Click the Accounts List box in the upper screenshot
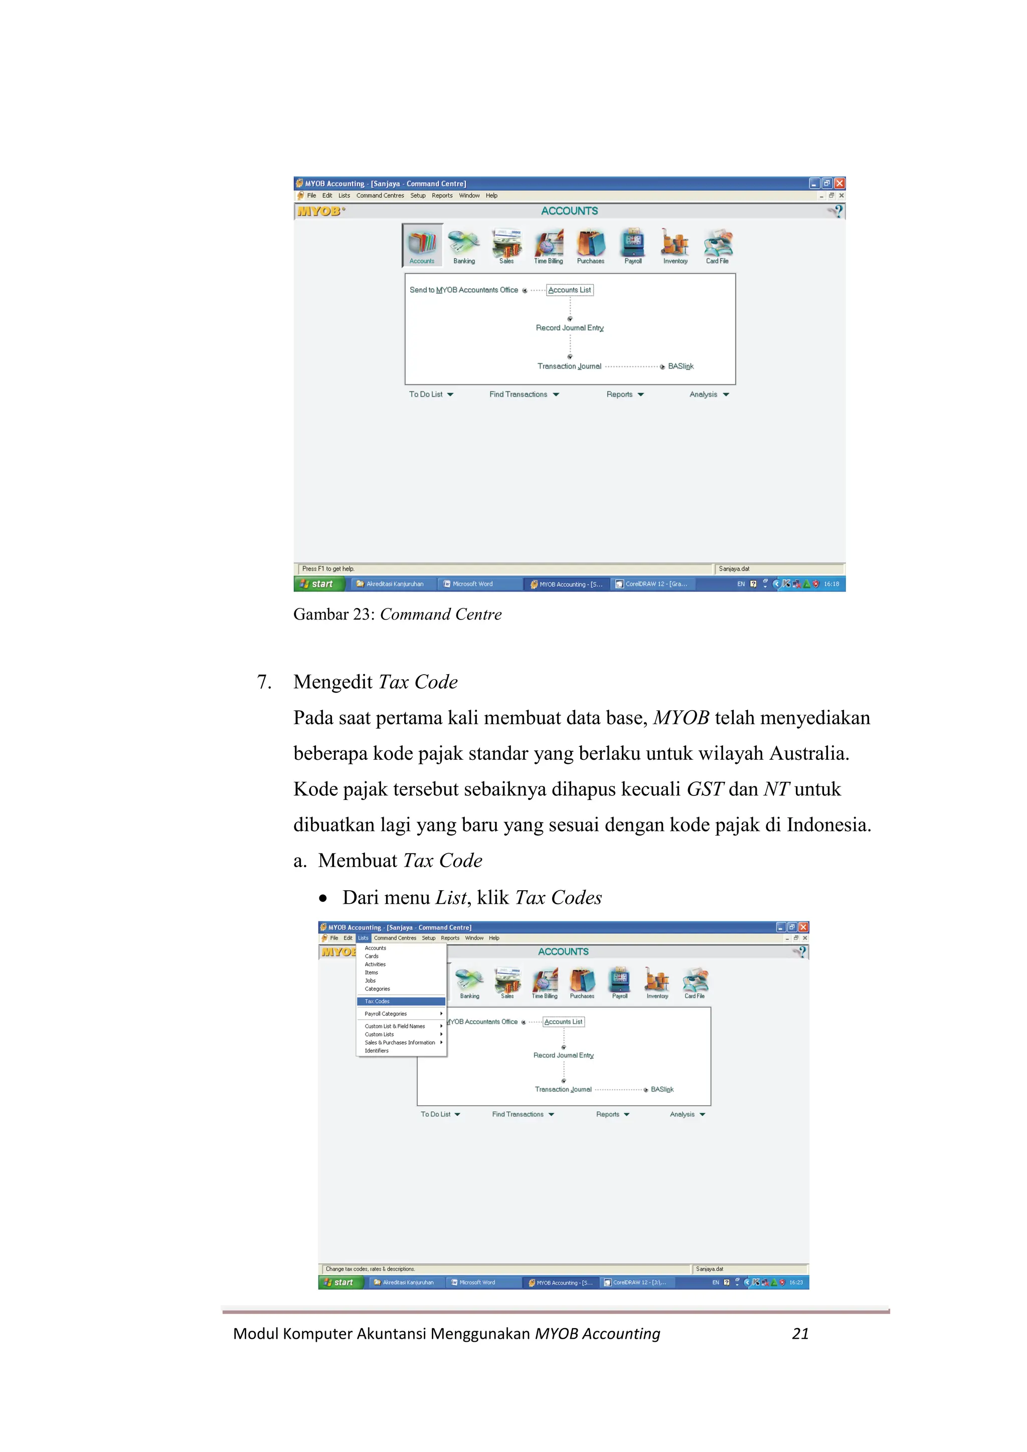(x=570, y=290)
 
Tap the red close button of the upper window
(x=839, y=183)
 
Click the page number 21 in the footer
(x=800, y=1333)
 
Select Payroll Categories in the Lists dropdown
(x=386, y=1014)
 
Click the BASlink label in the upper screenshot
(x=681, y=366)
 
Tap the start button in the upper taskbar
(x=319, y=584)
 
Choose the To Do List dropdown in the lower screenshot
(x=440, y=1114)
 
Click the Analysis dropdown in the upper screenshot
(x=709, y=394)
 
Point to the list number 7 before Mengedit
(x=264, y=682)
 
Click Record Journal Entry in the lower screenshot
(x=563, y=1055)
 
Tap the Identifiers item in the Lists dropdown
(x=377, y=1051)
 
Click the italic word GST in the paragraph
(x=704, y=789)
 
